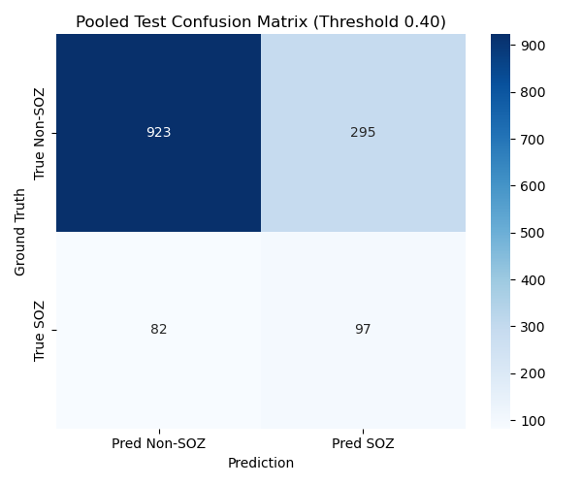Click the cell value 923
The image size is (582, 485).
[158, 133]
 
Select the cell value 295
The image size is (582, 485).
[363, 133]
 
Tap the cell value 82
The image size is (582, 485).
[158, 330]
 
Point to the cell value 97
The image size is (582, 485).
[363, 330]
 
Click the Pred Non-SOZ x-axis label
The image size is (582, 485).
[158, 443]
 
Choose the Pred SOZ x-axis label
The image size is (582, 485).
[363, 443]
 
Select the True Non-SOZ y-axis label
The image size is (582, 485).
[40, 133]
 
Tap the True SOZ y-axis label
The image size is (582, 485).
[40, 330]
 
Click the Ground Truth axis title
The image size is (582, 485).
[20, 232]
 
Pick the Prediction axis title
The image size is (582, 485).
[261, 463]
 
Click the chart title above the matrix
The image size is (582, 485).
[261, 21]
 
